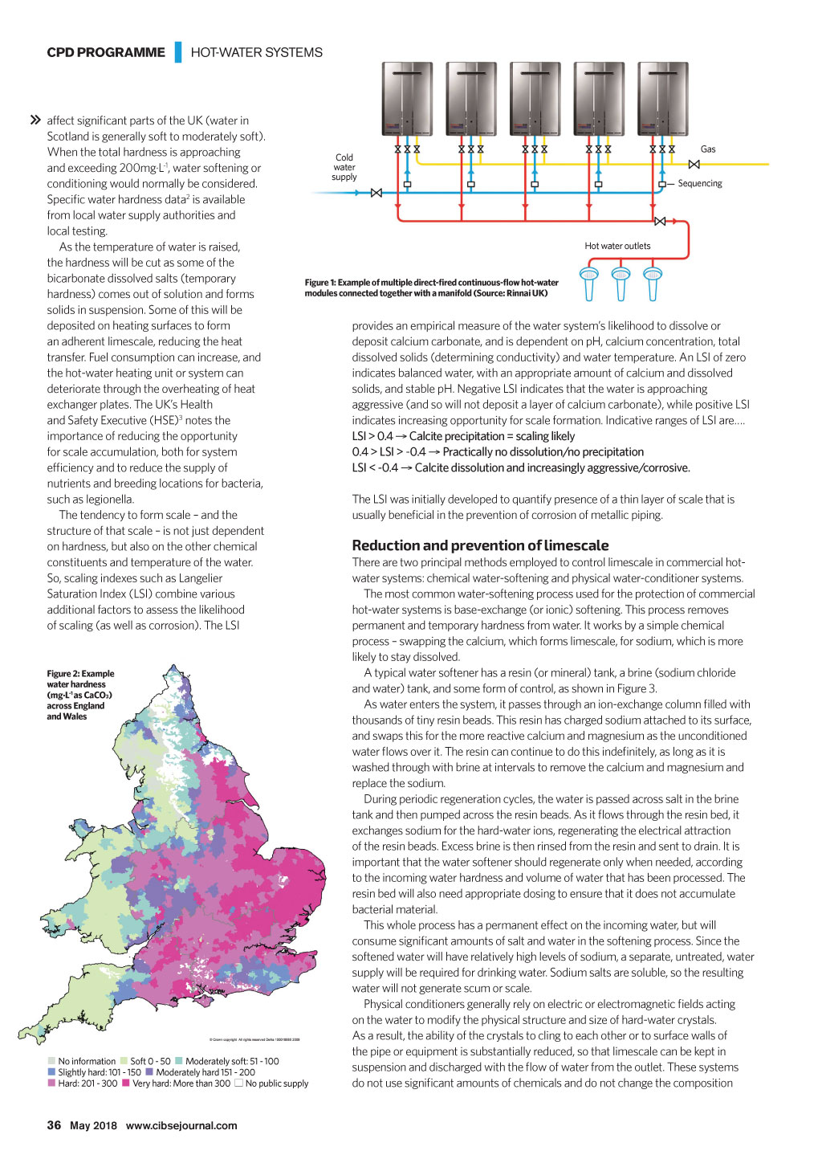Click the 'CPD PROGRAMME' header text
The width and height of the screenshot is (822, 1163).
point(106,52)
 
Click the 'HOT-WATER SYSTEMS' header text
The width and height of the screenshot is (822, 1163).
point(256,52)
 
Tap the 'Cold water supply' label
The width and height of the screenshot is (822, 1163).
point(344,167)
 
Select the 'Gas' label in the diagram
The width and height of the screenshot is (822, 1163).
point(708,149)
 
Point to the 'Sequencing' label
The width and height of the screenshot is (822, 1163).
point(699,183)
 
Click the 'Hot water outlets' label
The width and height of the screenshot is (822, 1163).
point(617,246)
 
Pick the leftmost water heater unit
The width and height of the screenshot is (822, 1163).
point(408,98)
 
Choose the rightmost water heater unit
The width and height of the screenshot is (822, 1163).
point(663,98)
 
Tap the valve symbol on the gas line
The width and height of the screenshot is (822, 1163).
point(694,164)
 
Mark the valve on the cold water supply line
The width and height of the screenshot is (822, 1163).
point(376,193)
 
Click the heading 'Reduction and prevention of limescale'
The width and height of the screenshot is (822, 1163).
point(480,545)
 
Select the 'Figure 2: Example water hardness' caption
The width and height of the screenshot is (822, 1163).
point(80,695)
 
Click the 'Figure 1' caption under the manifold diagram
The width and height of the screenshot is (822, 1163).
point(431,288)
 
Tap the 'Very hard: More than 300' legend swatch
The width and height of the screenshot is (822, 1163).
point(126,1083)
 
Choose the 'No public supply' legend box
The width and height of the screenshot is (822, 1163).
point(238,1083)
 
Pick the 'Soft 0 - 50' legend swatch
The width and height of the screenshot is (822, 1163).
point(124,1061)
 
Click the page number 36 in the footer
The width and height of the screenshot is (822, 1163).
point(54,1125)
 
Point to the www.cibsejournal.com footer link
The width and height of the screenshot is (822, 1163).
point(181,1125)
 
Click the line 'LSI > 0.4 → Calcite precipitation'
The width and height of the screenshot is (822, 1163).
point(463,436)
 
